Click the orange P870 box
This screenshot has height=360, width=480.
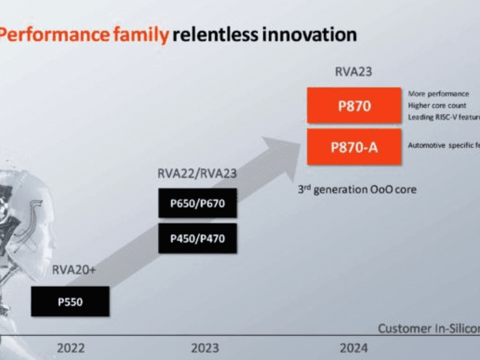(x=353, y=106)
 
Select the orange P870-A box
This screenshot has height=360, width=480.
(x=353, y=146)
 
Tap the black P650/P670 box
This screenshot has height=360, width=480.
(x=197, y=203)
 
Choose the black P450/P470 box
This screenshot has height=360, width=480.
(x=197, y=238)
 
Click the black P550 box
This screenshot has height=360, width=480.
(x=70, y=301)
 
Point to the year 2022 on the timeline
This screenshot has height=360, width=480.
(x=71, y=347)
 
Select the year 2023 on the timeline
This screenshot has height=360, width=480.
(x=204, y=347)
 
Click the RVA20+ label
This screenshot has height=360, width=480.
(x=73, y=270)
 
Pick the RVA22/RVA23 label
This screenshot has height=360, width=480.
(x=197, y=173)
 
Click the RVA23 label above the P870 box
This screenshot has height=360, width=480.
(x=353, y=72)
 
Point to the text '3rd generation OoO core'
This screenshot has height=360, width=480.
(x=357, y=190)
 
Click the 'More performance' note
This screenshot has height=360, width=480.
(x=438, y=94)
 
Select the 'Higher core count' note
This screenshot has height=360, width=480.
(x=437, y=106)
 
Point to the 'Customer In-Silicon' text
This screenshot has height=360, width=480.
(x=428, y=328)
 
